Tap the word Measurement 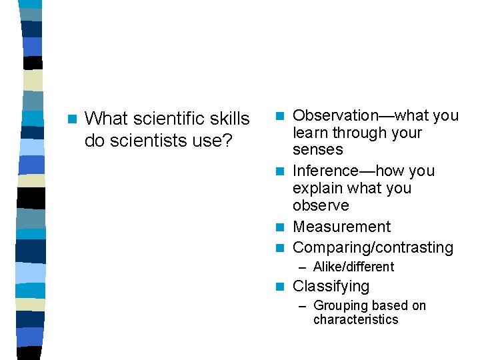(x=342, y=227)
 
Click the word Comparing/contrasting (x=373, y=248)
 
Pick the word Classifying (x=331, y=287)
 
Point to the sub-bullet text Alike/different (x=353, y=267)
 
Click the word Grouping (x=340, y=306)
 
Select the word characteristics (x=355, y=320)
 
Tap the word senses (x=318, y=150)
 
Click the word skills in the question (x=231, y=119)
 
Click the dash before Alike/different (x=303, y=267)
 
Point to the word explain (x=319, y=189)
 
